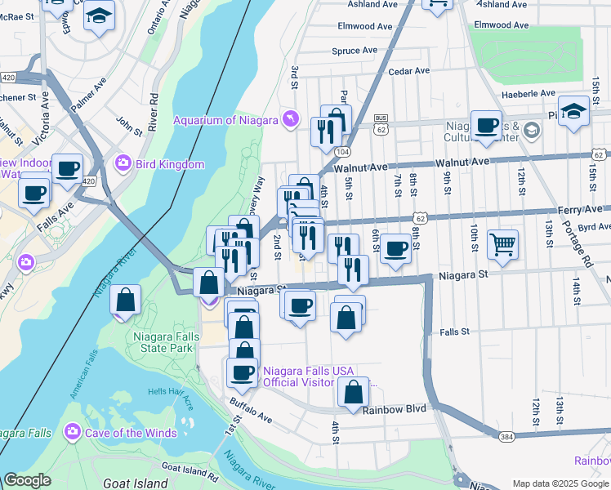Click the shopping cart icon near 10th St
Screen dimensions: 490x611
tap(502, 243)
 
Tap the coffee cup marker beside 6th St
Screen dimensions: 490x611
tap(395, 249)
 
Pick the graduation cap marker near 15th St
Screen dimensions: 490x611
tap(574, 112)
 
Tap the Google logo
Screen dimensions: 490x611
tap(27, 480)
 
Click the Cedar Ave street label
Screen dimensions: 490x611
tap(409, 71)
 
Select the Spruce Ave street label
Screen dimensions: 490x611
tap(355, 51)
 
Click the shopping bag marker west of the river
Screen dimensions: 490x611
tap(126, 300)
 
